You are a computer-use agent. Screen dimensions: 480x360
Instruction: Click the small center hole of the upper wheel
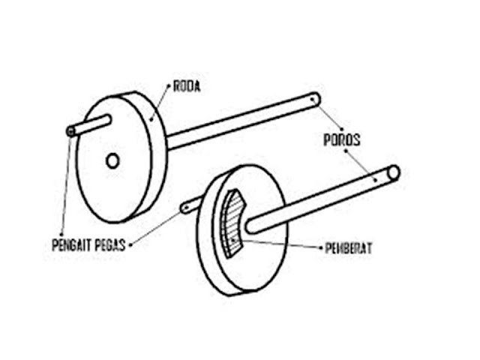pos(112,160)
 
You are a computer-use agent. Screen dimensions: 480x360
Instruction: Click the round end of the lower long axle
pos(393,173)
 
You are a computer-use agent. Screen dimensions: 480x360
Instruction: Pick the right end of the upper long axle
pos(316,97)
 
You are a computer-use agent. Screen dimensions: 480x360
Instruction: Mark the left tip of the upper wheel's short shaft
pos(70,131)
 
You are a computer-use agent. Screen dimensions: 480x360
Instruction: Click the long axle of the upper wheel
pos(240,118)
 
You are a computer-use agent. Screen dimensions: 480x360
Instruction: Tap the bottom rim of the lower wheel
pos(240,289)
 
